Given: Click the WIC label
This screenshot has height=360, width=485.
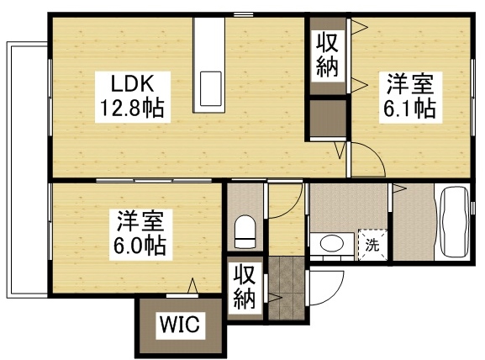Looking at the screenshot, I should [x=180, y=325].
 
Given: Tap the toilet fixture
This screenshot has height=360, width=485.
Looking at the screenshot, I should [x=245, y=231].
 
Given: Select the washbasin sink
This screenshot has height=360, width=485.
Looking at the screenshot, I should [x=331, y=244].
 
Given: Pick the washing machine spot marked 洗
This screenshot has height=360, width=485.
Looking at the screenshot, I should [x=372, y=246].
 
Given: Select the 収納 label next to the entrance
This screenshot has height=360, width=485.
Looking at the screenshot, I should [x=245, y=288].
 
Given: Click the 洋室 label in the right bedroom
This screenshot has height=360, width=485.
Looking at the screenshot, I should [x=410, y=84].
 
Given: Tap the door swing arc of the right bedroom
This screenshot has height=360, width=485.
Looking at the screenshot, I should [x=366, y=160].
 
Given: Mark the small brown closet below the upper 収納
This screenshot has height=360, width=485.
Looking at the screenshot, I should [x=327, y=119].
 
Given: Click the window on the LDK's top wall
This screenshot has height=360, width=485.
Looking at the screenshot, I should [x=244, y=14].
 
